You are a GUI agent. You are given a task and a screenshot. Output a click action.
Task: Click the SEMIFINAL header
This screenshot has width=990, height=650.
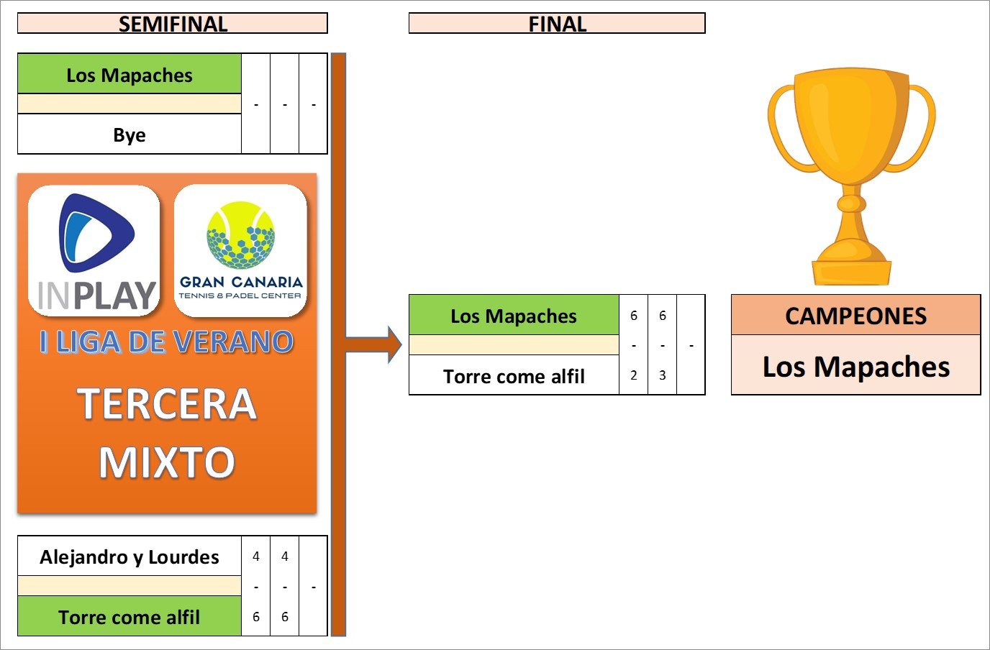coord(173,24)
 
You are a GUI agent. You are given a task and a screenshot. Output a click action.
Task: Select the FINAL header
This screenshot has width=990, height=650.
coord(557,24)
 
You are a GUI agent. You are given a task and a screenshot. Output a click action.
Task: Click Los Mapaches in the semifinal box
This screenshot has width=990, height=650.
coord(130,75)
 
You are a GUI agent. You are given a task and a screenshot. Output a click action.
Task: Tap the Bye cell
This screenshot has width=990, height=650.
coord(130,134)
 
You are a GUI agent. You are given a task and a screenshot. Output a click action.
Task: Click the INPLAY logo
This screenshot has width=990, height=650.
coord(94,251)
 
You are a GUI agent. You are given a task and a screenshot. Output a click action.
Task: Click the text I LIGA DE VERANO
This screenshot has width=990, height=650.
coord(166,342)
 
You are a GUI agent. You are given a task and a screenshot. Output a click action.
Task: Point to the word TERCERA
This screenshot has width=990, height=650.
coord(167,403)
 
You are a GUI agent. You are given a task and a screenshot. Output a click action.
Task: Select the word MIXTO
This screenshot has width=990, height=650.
coord(167,462)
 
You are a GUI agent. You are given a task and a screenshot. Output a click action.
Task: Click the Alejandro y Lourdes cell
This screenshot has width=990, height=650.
coord(130,557)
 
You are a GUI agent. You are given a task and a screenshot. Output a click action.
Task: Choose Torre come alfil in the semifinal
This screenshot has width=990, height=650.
coord(130,617)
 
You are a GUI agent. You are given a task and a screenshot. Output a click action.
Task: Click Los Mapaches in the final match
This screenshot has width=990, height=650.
coord(514,316)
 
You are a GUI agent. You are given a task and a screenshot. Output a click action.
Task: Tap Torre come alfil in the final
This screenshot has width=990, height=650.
coord(514,376)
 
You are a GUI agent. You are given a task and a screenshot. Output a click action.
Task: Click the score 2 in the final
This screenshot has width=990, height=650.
coord(634,375)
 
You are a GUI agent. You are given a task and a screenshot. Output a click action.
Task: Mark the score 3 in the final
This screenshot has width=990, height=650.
coord(663,375)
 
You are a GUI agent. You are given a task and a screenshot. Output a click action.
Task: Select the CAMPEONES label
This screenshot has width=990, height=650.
coord(855,316)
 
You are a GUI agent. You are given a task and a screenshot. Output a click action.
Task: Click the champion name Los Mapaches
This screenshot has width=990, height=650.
coord(855,366)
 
